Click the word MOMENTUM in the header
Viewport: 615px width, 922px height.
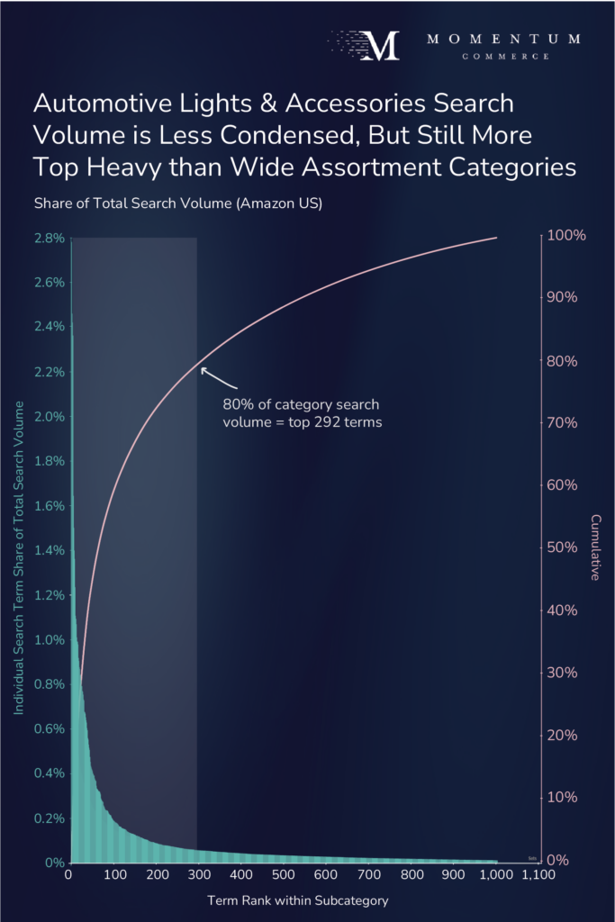(503, 40)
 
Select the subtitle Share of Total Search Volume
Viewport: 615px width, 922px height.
(177, 203)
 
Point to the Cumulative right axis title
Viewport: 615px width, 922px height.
(595, 547)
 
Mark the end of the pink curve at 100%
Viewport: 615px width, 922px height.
(497, 238)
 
